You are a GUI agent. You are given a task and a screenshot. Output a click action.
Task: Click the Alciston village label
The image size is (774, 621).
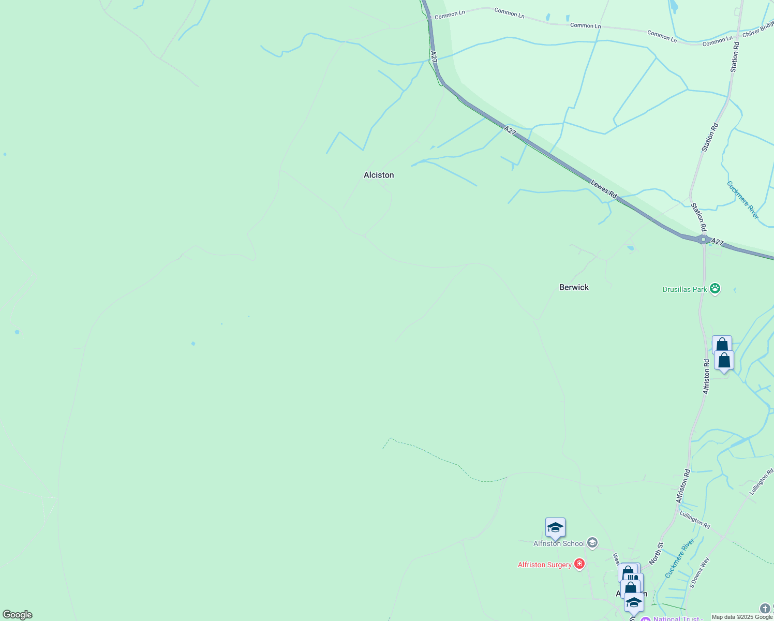point(379,175)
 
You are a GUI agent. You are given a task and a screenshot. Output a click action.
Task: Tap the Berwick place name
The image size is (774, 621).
point(574,287)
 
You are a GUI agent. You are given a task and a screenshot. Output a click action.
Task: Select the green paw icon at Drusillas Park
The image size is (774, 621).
point(715,289)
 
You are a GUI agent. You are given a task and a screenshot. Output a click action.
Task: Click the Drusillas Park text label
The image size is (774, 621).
point(684,289)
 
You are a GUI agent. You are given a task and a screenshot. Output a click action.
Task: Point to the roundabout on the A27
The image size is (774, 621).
point(703,239)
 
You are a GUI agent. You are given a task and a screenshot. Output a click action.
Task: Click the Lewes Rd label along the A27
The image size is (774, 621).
point(604,189)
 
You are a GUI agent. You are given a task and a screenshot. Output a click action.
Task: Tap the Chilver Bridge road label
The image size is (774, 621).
point(758,29)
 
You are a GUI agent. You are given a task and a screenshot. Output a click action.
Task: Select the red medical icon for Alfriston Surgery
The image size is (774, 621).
point(579,564)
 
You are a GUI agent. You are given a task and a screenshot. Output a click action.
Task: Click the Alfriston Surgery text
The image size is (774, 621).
point(544,565)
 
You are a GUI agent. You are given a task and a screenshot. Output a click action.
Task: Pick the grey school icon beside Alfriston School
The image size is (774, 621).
point(592,543)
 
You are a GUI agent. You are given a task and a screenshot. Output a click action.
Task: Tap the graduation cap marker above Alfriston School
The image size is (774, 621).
point(555,527)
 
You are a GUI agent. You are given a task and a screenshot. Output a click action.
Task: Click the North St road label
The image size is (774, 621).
point(656,553)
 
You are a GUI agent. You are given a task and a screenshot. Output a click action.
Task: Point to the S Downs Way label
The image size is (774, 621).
point(699,572)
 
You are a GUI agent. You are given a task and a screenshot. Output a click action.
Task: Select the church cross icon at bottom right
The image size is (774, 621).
point(765,608)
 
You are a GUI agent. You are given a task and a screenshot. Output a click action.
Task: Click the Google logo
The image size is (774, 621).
point(17,615)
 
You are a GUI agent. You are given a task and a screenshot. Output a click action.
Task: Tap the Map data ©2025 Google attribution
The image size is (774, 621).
point(742,617)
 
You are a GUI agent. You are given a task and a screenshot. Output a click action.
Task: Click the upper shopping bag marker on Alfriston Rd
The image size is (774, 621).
point(722,345)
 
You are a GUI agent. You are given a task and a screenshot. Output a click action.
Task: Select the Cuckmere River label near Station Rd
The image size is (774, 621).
point(742,200)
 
